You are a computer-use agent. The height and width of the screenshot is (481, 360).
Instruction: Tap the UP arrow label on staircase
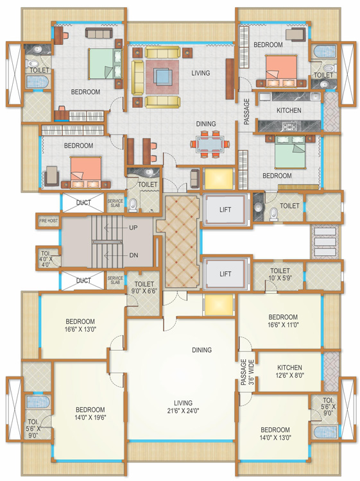click(x=133, y=228)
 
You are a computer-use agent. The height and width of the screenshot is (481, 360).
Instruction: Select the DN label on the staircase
click(x=133, y=255)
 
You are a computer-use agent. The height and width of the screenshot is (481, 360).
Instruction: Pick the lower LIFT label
click(x=225, y=273)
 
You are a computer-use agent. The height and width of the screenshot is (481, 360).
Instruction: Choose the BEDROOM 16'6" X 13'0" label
click(x=80, y=326)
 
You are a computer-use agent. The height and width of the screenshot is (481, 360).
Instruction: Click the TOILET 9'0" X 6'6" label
click(x=145, y=286)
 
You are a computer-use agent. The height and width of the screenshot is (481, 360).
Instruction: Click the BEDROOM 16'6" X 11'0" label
click(x=283, y=321)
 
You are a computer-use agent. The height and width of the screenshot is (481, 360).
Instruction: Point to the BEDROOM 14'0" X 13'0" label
click(x=275, y=434)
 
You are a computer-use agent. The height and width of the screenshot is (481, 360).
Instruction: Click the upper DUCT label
click(x=83, y=203)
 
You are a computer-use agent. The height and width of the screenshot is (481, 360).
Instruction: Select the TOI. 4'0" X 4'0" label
click(x=45, y=258)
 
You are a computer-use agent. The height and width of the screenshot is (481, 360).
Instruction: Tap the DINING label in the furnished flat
click(x=205, y=124)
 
